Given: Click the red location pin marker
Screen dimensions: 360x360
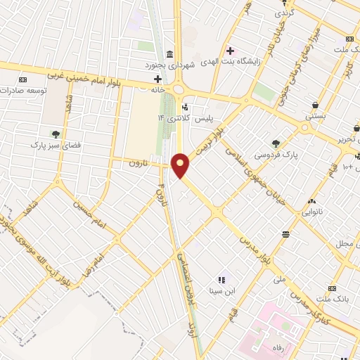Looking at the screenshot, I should pos(181,166).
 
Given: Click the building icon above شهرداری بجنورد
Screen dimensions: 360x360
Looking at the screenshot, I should pos(169,55).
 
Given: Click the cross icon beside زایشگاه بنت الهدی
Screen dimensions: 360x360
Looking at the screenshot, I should pos(230,50).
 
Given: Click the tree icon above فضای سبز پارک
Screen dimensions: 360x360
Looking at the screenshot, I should pos(55,133).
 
